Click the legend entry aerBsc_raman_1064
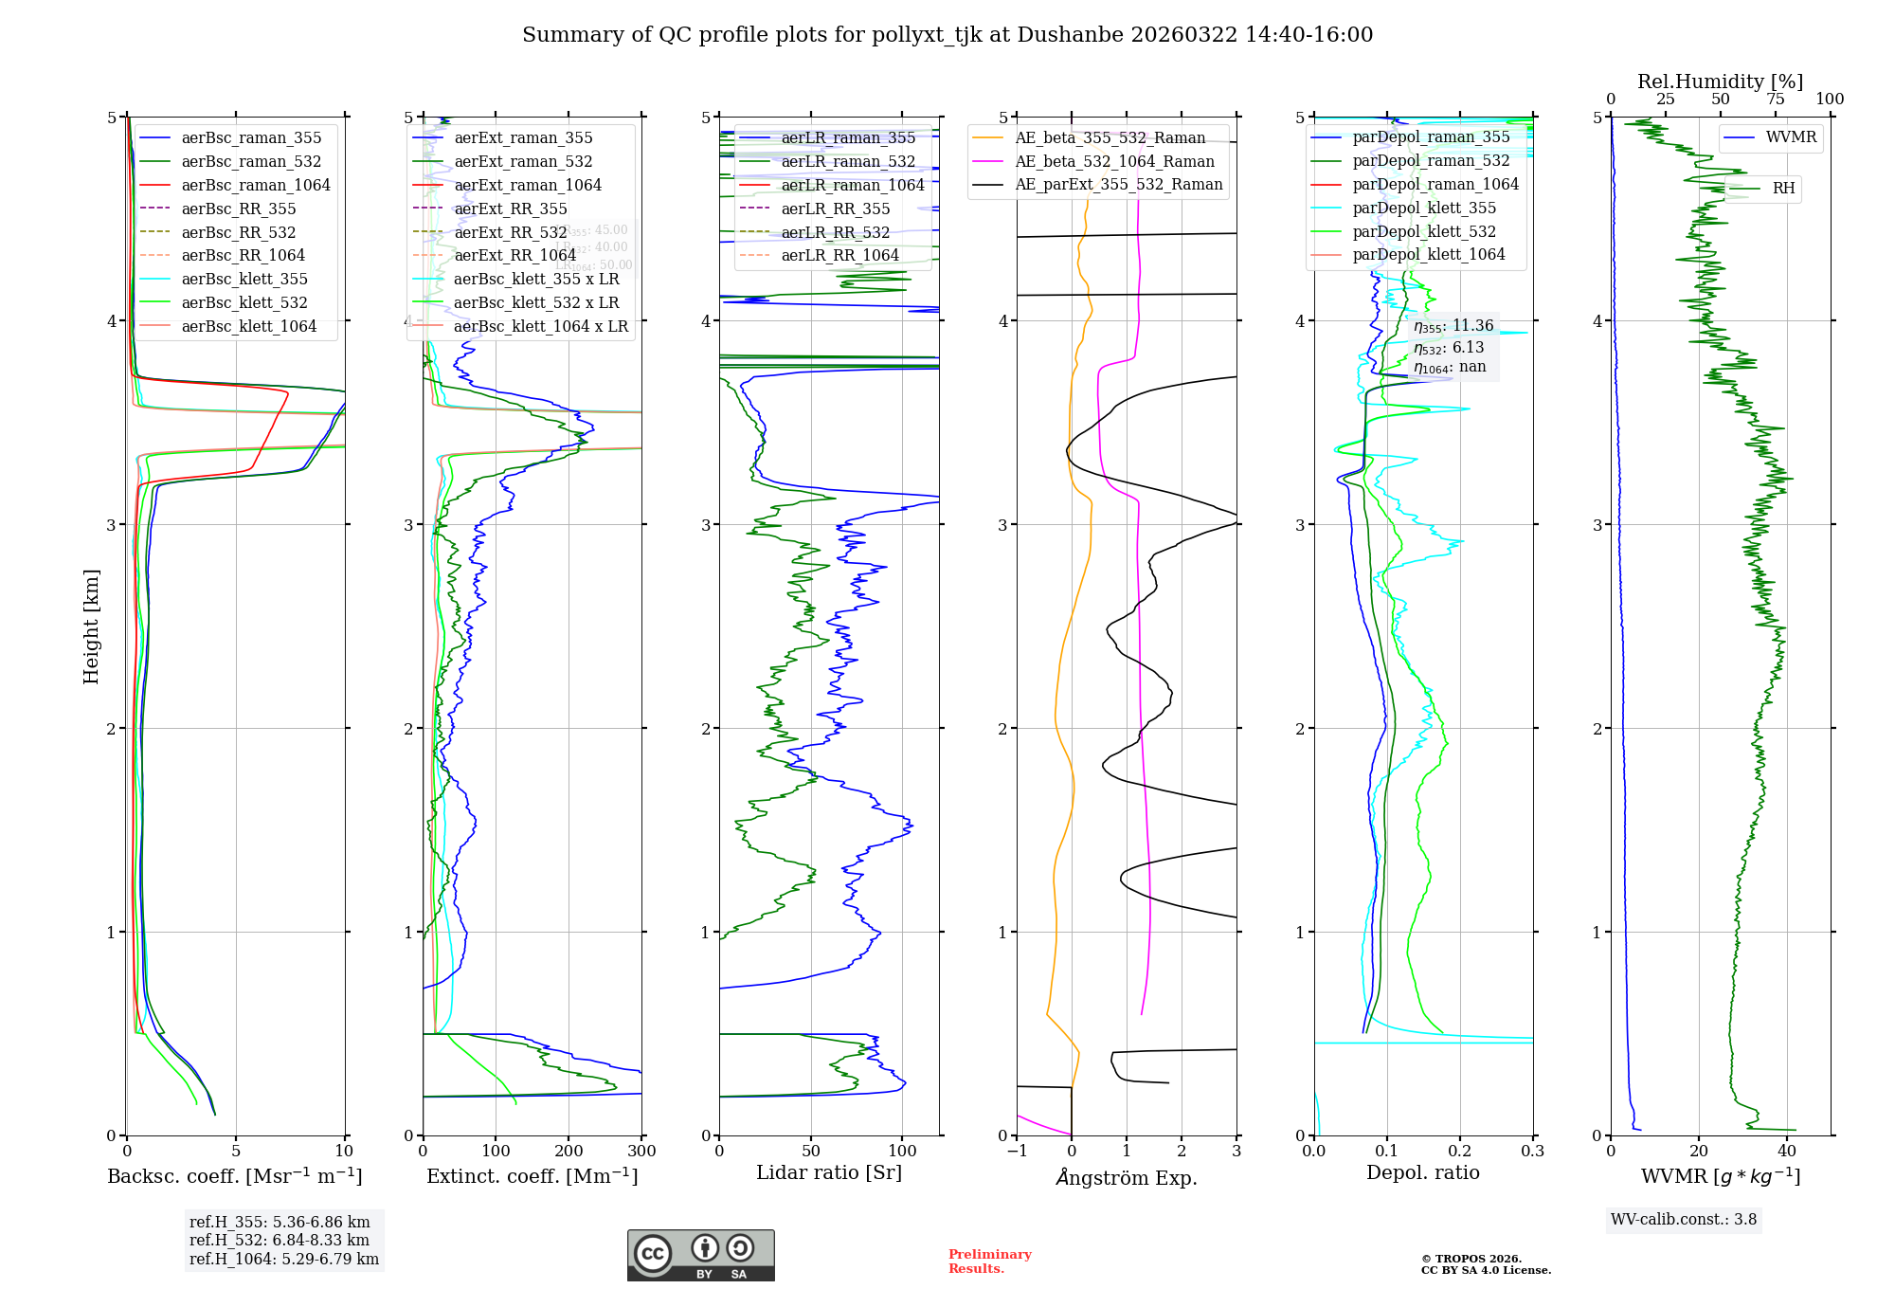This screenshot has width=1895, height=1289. (256, 185)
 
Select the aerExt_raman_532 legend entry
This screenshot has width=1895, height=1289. (523, 162)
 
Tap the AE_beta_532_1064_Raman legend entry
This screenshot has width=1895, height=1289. (1114, 161)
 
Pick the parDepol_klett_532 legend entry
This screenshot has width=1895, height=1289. (1424, 231)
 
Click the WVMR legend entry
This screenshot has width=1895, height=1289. (1791, 137)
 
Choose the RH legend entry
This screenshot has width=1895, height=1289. (1783, 189)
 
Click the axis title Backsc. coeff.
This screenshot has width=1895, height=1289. (234, 1176)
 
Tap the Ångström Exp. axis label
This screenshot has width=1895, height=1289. (1127, 1178)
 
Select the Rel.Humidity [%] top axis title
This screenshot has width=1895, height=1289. (1720, 82)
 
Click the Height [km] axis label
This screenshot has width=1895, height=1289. (91, 626)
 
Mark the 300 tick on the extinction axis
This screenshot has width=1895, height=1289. (641, 1152)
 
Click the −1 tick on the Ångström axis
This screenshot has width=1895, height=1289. (1017, 1152)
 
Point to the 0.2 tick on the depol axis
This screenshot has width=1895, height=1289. (1460, 1152)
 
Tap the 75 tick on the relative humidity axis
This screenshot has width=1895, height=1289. (1775, 100)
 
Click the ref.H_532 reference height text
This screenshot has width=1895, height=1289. (280, 1240)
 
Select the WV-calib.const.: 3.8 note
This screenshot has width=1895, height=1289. (1684, 1220)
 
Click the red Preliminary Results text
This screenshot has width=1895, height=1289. (989, 1262)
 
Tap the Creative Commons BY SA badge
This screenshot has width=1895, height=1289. (700, 1256)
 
